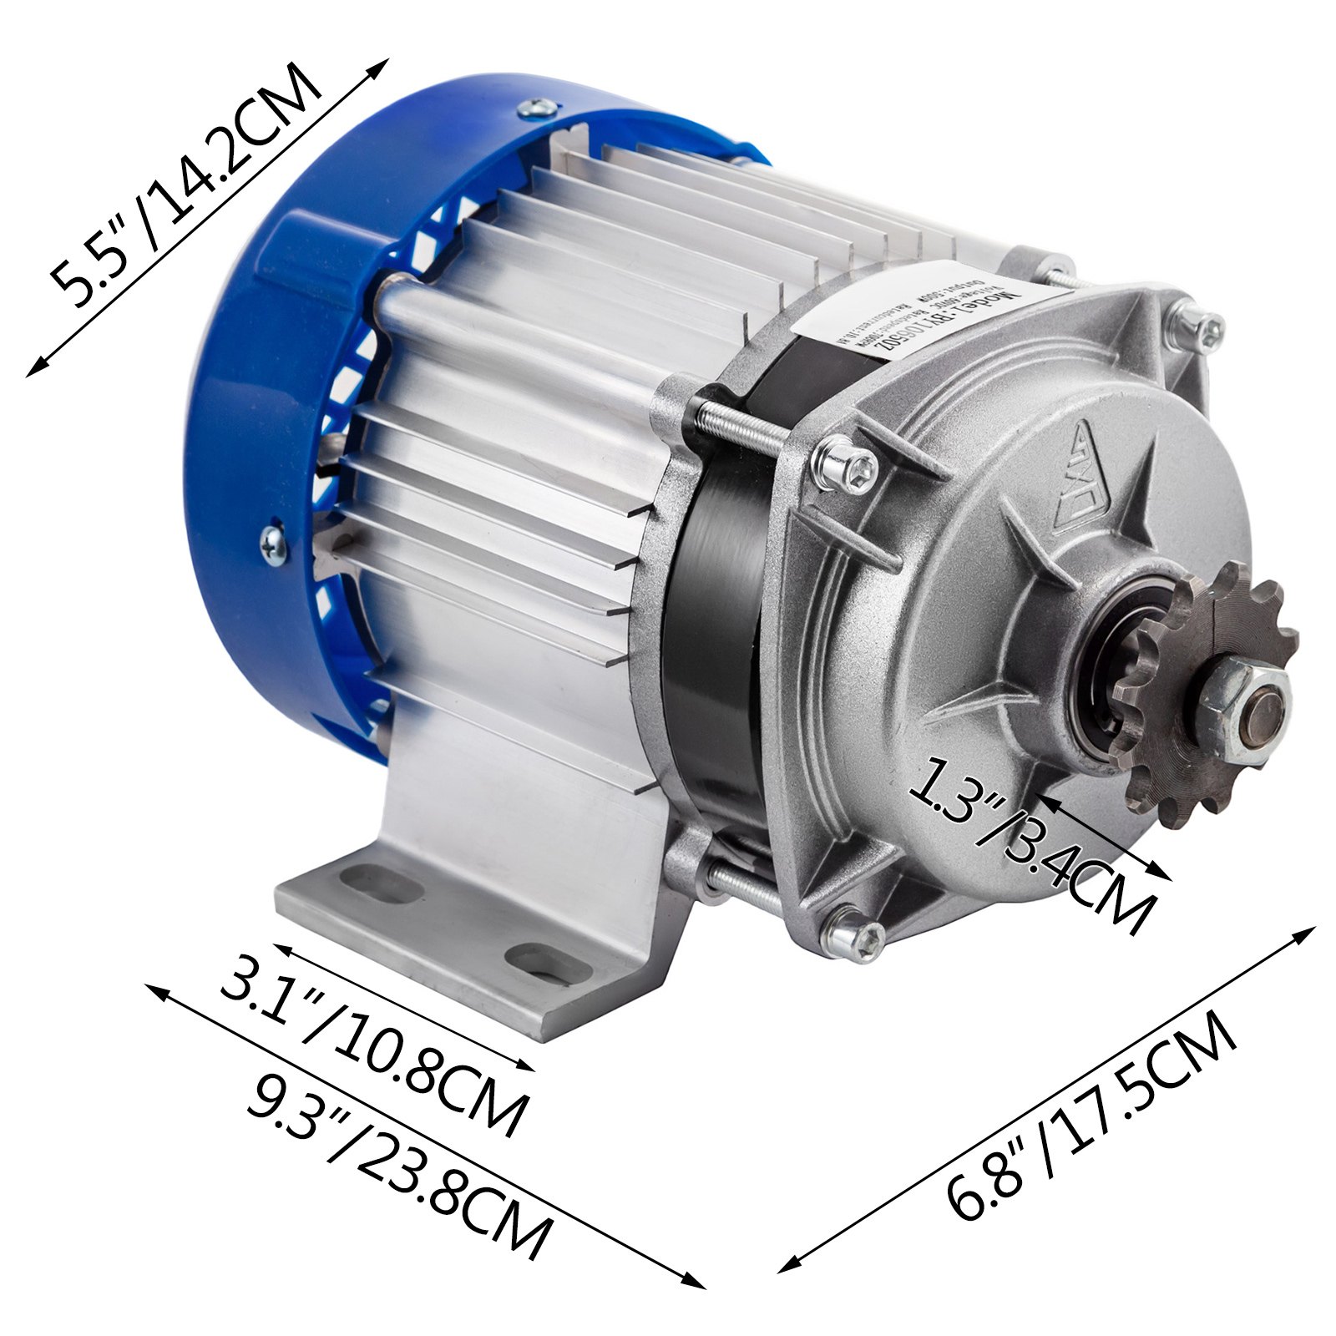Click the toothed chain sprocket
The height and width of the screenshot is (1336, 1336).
pyautogui.click(x=1202, y=693)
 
